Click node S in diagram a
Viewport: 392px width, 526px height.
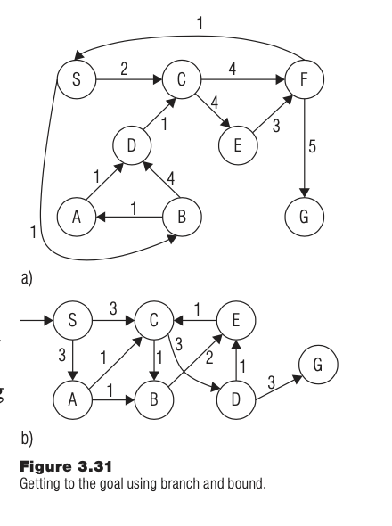pyautogui.click(x=75, y=79)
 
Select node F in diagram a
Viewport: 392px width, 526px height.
pyautogui.click(x=305, y=79)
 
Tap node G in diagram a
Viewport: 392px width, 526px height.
pyautogui.click(x=305, y=216)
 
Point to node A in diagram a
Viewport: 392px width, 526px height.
pyautogui.click(x=75, y=216)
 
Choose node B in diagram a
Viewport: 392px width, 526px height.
pyautogui.click(x=183, y=216)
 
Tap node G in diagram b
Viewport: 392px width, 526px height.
pyautogui.click(x=319, y=366)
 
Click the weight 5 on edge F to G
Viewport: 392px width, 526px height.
pyautogui.click(x=313, y=147)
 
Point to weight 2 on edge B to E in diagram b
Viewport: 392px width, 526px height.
pyautogui.click(x=208, y=358)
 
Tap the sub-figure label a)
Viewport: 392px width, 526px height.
pyautogui.click(x=27, y=278)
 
